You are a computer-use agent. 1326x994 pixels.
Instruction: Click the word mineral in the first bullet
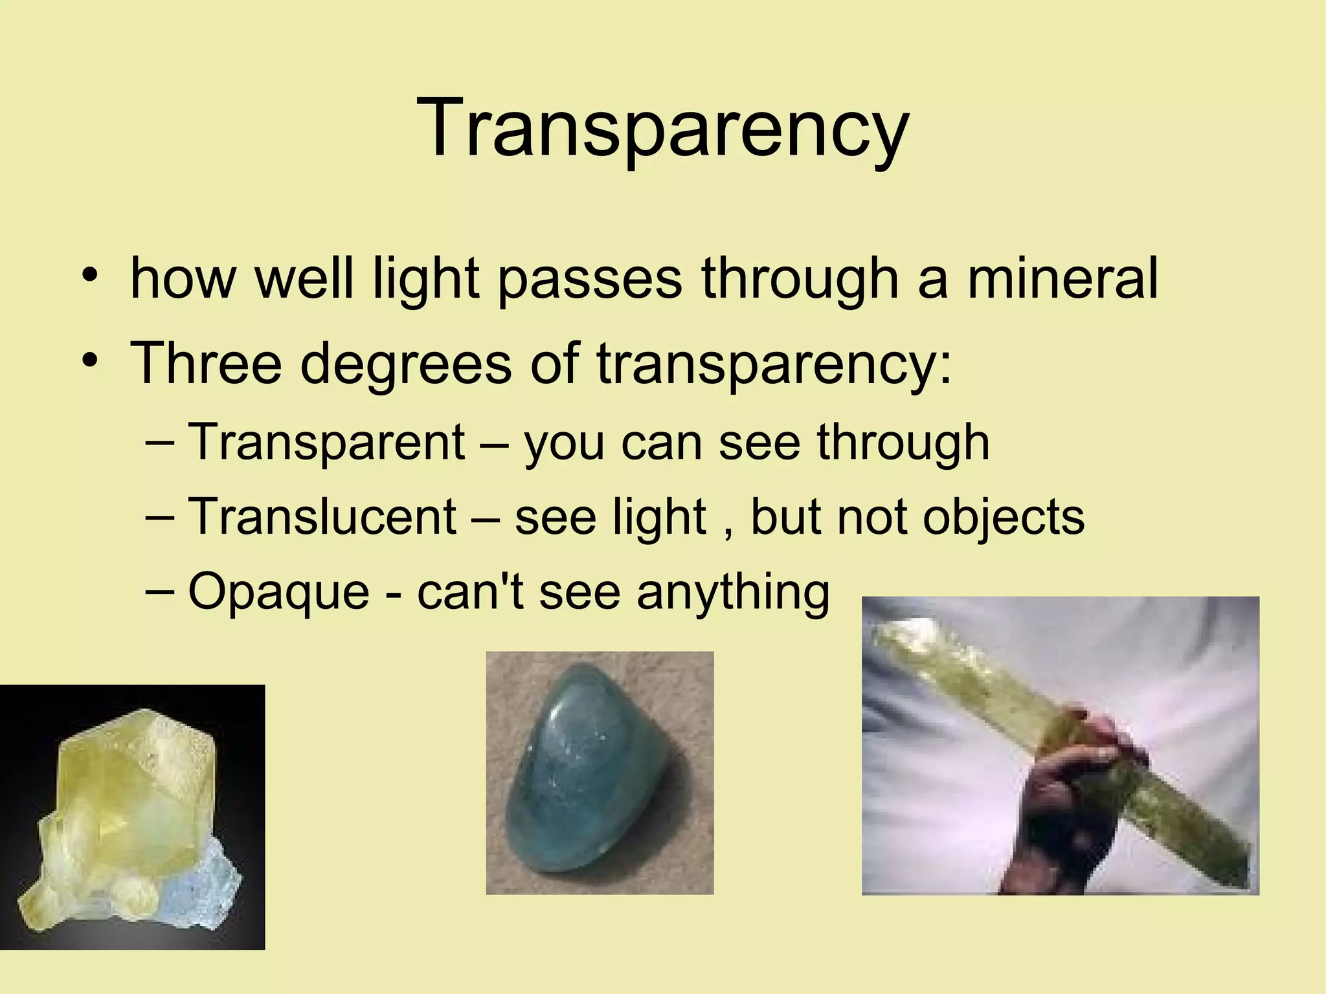[1062, 278]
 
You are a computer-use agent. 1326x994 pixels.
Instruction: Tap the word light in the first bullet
[426, 278]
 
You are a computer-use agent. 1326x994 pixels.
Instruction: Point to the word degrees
[406, 364]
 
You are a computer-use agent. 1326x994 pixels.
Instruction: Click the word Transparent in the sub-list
[326, 441]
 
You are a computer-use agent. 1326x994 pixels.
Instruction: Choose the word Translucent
[322, 516]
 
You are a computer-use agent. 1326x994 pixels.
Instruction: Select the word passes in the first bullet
[590, 280]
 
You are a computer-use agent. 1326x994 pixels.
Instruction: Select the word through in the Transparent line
[903, 443]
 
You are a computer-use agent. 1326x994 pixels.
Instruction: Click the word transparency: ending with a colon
[774, 364]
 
